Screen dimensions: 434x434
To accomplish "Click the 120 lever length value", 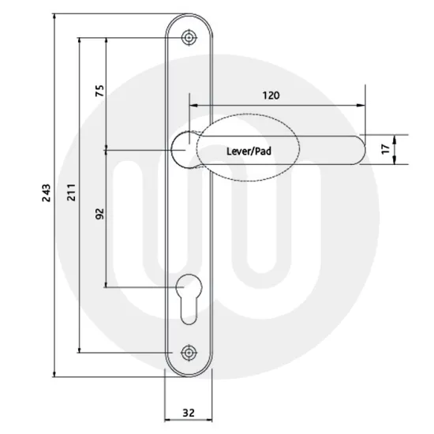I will pyautogui.click(x=271, y=95).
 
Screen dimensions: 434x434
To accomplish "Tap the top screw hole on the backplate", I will pyautogui.click(x=189, y=37).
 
